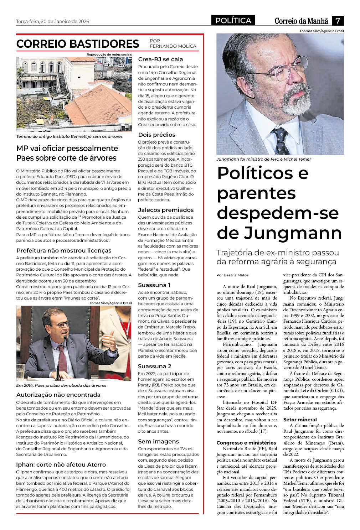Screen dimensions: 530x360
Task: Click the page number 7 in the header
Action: (x=337, y=21)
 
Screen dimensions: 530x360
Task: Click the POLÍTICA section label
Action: (x=233, y=21)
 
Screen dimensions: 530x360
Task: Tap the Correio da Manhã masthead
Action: (x=301, y=21)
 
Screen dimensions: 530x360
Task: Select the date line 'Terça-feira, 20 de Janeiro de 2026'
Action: (x=52, y=21)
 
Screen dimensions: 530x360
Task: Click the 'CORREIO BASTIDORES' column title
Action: (x=78, y=44)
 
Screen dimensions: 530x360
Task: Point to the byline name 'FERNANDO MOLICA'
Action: (x=173, y=46)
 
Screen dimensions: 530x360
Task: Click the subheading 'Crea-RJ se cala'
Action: (x=160, y=59)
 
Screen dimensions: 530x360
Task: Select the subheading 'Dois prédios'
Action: (x=156, y=135)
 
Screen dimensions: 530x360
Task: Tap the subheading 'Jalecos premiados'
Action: (x=166, y=210)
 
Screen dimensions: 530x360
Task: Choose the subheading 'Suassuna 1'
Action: (x=154, y=285)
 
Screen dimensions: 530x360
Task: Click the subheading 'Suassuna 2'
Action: (x=155, y=367)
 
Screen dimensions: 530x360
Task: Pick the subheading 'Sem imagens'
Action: (x=158, y=442)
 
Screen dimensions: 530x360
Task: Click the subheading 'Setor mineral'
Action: (x=300, y=420)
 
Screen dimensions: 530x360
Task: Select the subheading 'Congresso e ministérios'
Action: (x=246, y=443)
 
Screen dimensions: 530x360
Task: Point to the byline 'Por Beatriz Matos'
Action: (x=232, y=275)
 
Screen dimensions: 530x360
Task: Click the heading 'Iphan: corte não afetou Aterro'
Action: (x=61, y=464)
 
